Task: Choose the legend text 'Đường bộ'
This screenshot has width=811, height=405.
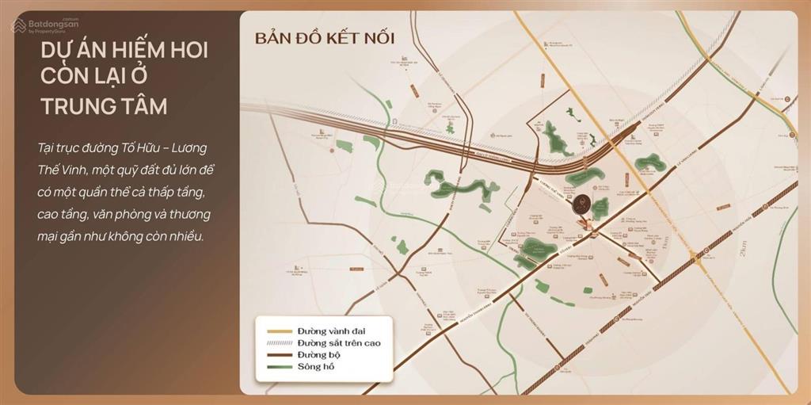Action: pos(319,354)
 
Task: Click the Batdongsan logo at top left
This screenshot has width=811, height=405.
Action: pos(44,25)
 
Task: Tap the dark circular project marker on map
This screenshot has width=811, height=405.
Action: pos(581,203)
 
